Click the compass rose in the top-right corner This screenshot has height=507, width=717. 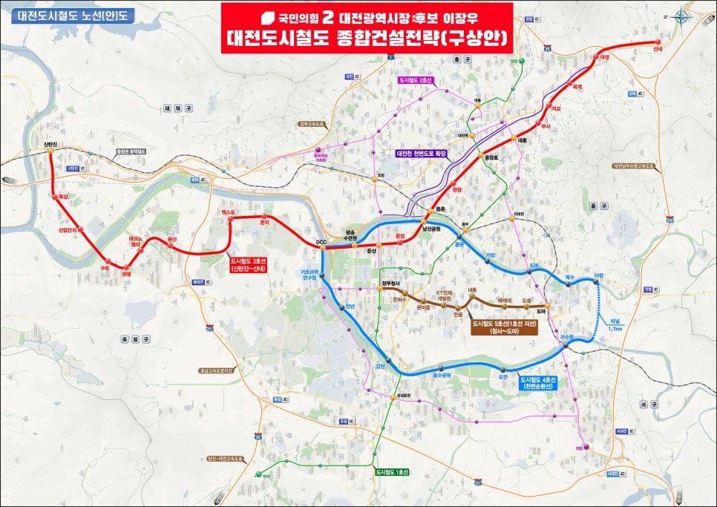[x=681, y=20]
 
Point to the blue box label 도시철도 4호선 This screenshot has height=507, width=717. [x=540, y=382]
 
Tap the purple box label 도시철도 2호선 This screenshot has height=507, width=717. [x=416, y=79]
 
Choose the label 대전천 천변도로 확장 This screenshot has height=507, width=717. [x=421, y=154]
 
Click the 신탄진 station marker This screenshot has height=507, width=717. [x=50, y=151]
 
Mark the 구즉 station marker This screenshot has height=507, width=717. [x=104, y=261]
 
